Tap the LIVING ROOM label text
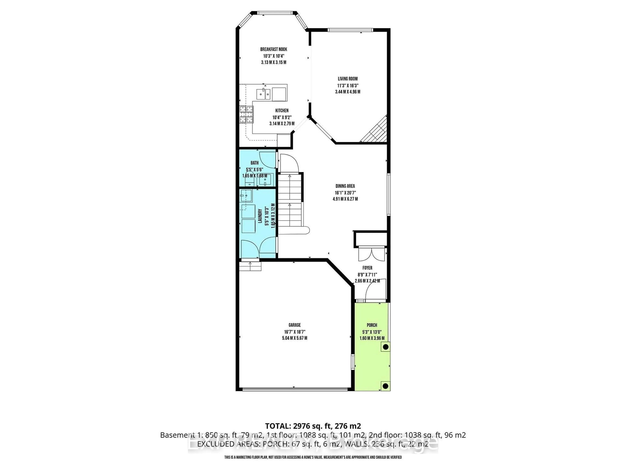348,79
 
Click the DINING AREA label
345,186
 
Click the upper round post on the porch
385,347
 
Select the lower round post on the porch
385,386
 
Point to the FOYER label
367,268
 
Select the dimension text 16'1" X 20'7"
345,193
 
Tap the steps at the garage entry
250,266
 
